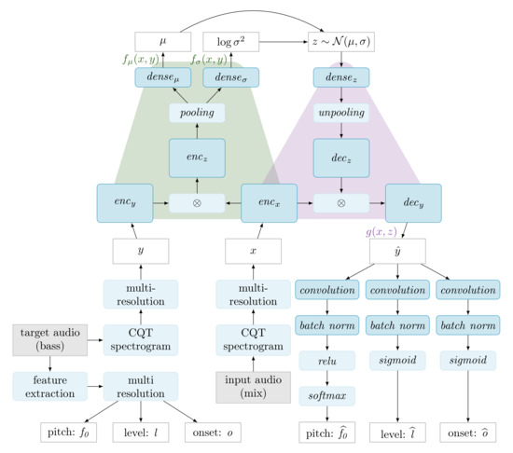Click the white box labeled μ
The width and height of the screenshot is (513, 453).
pyautogui.click(x=163, y=42)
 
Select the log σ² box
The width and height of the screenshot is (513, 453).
pyautogui.click(x=229, y=42)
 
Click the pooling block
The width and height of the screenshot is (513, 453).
pyautogui.click(x=197, y=112)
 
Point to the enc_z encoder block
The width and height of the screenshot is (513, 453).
pyautogui.click(x=197, y=158)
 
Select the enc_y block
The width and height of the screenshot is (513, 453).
pyautogui.click(x=124, y=203)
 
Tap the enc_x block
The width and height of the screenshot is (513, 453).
pyautogui.click(x=270, y=203)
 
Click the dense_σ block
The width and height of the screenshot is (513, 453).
pyautogui.click(x=229, y=81)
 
